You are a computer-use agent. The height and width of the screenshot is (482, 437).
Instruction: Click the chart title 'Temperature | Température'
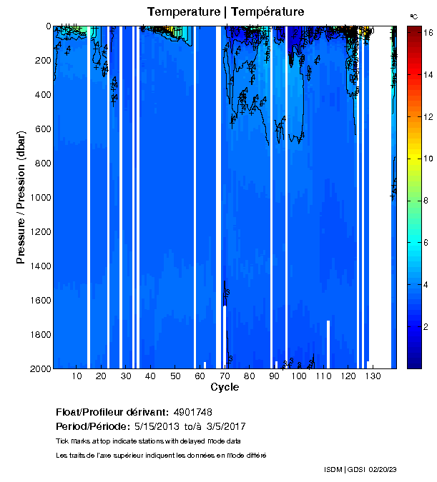pos(225,12)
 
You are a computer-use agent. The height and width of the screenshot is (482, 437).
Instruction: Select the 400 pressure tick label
pos(42,95)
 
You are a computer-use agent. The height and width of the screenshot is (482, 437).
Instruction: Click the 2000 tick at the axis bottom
pos(39,368)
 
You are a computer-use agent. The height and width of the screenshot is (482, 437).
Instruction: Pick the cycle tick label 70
pos(225,376)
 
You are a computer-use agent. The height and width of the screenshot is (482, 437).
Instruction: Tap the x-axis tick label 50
pos(175,376)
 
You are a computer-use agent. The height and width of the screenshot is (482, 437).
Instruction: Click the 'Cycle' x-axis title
pos(225,388)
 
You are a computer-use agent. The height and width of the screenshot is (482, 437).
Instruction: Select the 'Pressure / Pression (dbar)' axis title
pos(21,198)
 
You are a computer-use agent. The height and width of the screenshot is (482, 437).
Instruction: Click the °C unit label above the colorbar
pos(413,16)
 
